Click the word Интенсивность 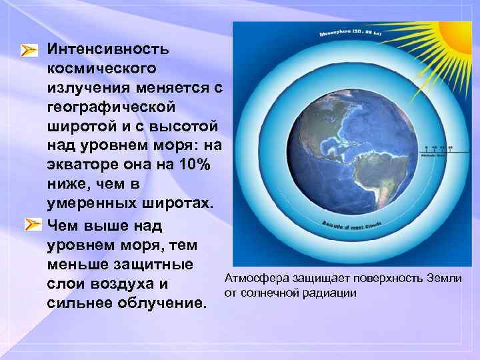(x=108, y=49)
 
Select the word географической (x=111, y=107)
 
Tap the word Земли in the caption (x=447, y=279)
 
